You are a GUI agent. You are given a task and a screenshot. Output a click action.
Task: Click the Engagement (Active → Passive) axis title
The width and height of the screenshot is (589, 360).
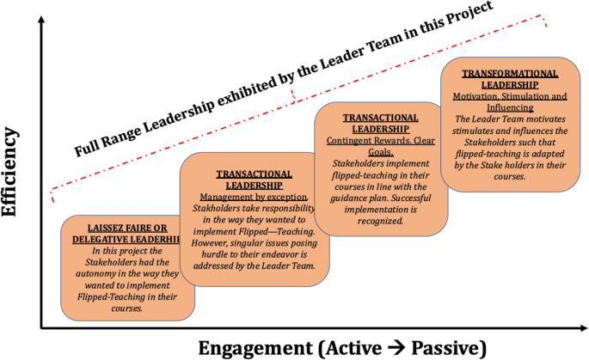pyautogui.click(x=342, y=347)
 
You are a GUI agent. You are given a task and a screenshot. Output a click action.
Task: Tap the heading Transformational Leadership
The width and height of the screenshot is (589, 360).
pyautogui.click(x=509, y=79)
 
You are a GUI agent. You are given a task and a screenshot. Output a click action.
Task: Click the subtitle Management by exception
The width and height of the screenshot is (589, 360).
pyautogui.click(x=248, y=197)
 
